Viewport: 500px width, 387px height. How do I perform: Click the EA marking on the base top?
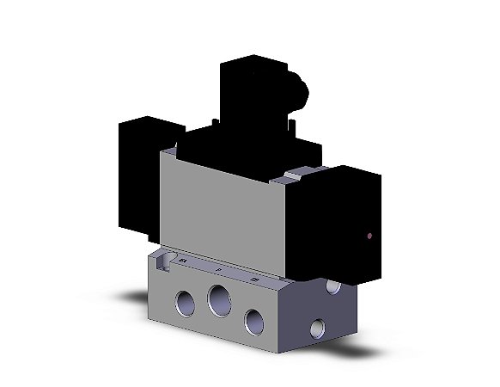click(182, 257)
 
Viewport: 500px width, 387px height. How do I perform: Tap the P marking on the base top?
click(218, 268)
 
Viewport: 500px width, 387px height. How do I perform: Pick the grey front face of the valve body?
click(223, 215)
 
